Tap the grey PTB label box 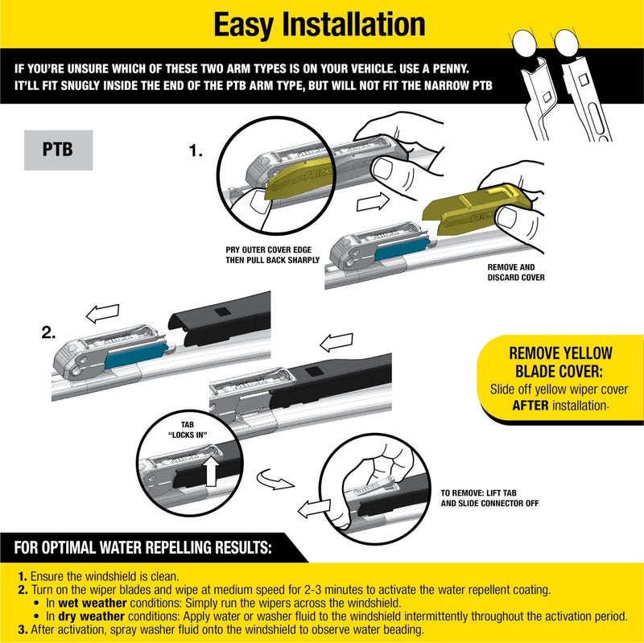[x=58, y=150]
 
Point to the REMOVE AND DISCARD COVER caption [x=516, y=271]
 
